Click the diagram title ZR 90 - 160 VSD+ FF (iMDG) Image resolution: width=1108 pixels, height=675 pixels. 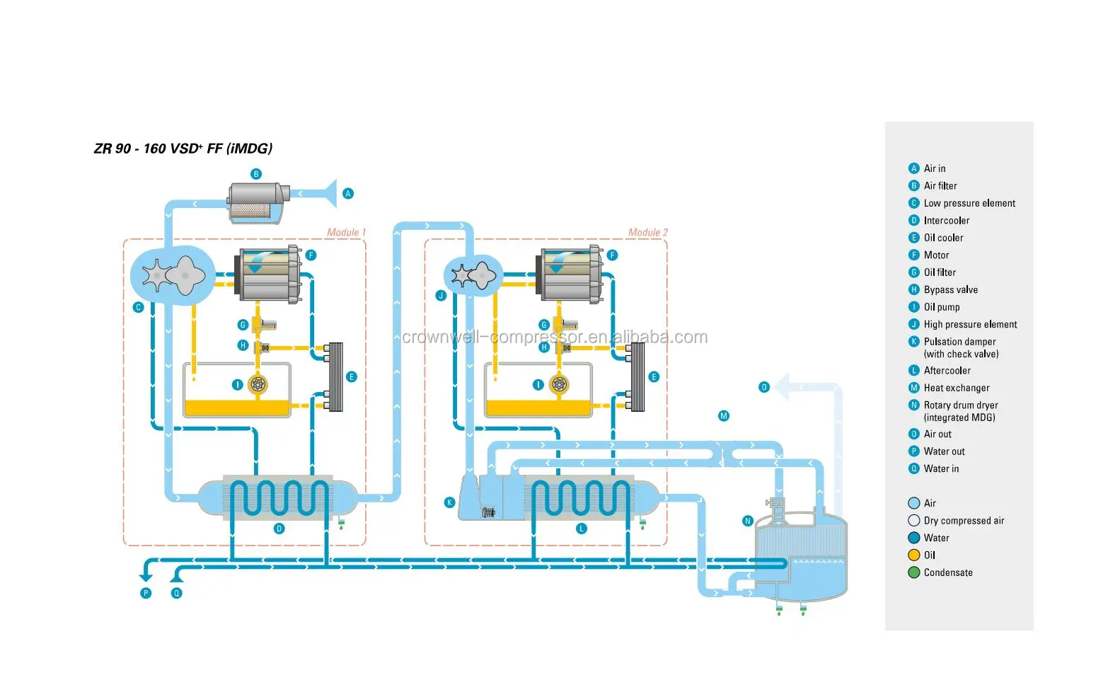click(183, 149)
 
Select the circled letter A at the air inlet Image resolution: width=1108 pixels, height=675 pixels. click(347, 193)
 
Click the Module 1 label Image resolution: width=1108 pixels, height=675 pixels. click(346, 232)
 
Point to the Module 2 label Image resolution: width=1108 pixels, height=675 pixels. click(647, 232)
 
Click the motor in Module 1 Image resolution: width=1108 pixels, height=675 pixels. click(269, 275)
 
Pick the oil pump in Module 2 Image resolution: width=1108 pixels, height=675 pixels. click(560, 384)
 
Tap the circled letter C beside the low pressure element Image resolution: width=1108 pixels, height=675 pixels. click(139, 307)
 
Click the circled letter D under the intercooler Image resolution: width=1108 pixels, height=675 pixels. click(279, 529)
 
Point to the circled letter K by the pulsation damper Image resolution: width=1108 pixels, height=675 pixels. click(449, 502)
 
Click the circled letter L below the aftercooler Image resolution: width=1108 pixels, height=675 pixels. click(582, 529)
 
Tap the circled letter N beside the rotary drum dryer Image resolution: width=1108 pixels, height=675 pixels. click(748, 521)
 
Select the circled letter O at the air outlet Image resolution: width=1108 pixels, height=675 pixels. click(764, 387)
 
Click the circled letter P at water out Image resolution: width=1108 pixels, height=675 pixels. click(146, 593)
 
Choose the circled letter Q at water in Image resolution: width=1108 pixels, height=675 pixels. click(177, 593)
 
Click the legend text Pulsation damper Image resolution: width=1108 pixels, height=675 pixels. click(959, 342)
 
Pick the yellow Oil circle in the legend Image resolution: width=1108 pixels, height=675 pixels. click(914, 555)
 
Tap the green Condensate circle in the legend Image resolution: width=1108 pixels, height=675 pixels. click(914, 572)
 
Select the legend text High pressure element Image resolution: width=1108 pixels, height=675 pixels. click(970, 324)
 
